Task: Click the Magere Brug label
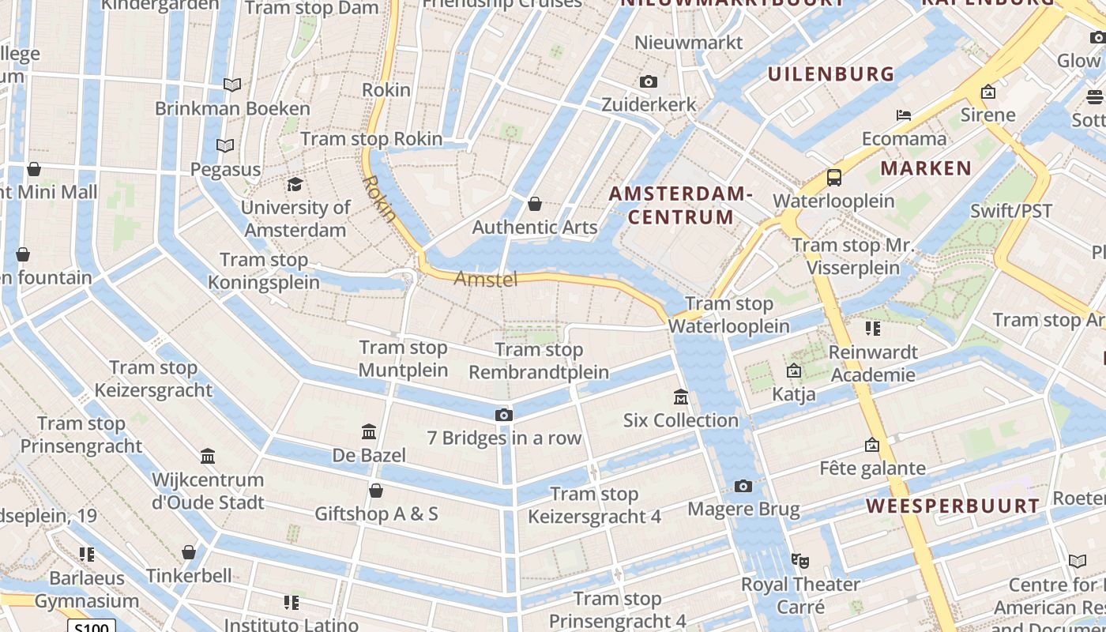pos(743,510)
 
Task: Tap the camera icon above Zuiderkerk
pos(649,82)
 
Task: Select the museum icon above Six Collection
pos(680,397)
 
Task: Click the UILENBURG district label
pos(831,74)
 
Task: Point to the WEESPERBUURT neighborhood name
pos(953,506)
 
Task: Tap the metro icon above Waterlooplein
pos(833,177)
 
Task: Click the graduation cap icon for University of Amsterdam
pos(295,185)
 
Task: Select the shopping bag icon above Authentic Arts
pos(535,205)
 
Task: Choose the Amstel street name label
pos(486,279)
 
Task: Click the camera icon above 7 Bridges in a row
pos(503,415)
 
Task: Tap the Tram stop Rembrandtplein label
pos(539,361)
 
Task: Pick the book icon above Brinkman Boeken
pos(232,85)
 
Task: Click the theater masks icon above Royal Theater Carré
pos(800,561)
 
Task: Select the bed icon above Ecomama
pos(904,115)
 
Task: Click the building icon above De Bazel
pos(369,431)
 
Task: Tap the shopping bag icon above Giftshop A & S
pos(376,491)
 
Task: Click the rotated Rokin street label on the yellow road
pos(379,197)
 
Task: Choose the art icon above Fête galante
pos(872,446)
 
